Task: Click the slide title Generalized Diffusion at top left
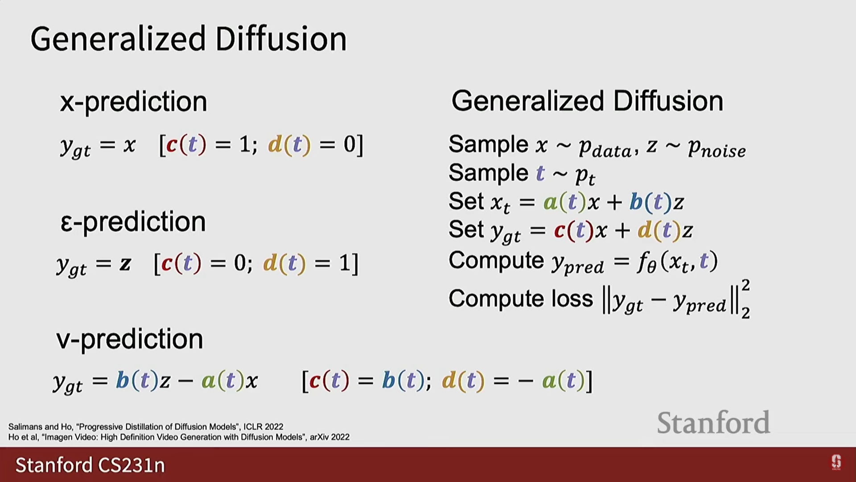(188, 39)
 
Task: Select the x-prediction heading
(134, 102)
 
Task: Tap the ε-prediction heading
(133, 222)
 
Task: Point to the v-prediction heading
(130, 339)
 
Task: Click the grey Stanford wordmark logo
(713, 422)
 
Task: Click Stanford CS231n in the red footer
(90, 465)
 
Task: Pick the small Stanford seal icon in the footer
(836, 462)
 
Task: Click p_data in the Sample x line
(605, 147)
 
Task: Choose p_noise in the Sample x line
(716, 147)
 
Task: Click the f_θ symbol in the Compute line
(647, 262)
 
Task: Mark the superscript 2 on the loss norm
(745, 285)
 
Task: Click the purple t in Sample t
(540, 173)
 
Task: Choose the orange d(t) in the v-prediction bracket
(463, 381)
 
